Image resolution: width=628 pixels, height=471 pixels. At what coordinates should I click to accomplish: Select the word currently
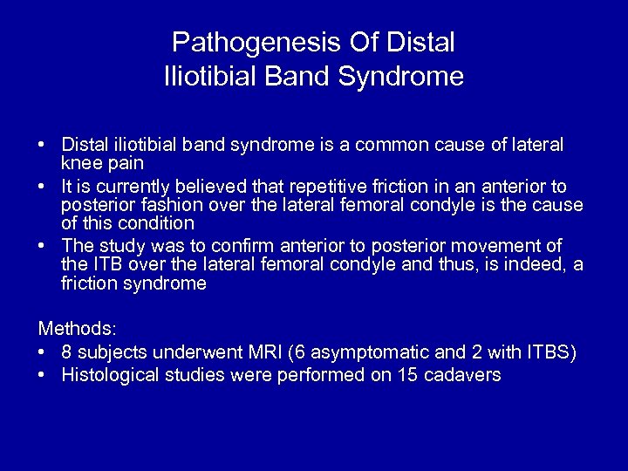(x=135, y=187)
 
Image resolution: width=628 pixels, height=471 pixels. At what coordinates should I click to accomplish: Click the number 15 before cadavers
(x=413, y=376)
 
